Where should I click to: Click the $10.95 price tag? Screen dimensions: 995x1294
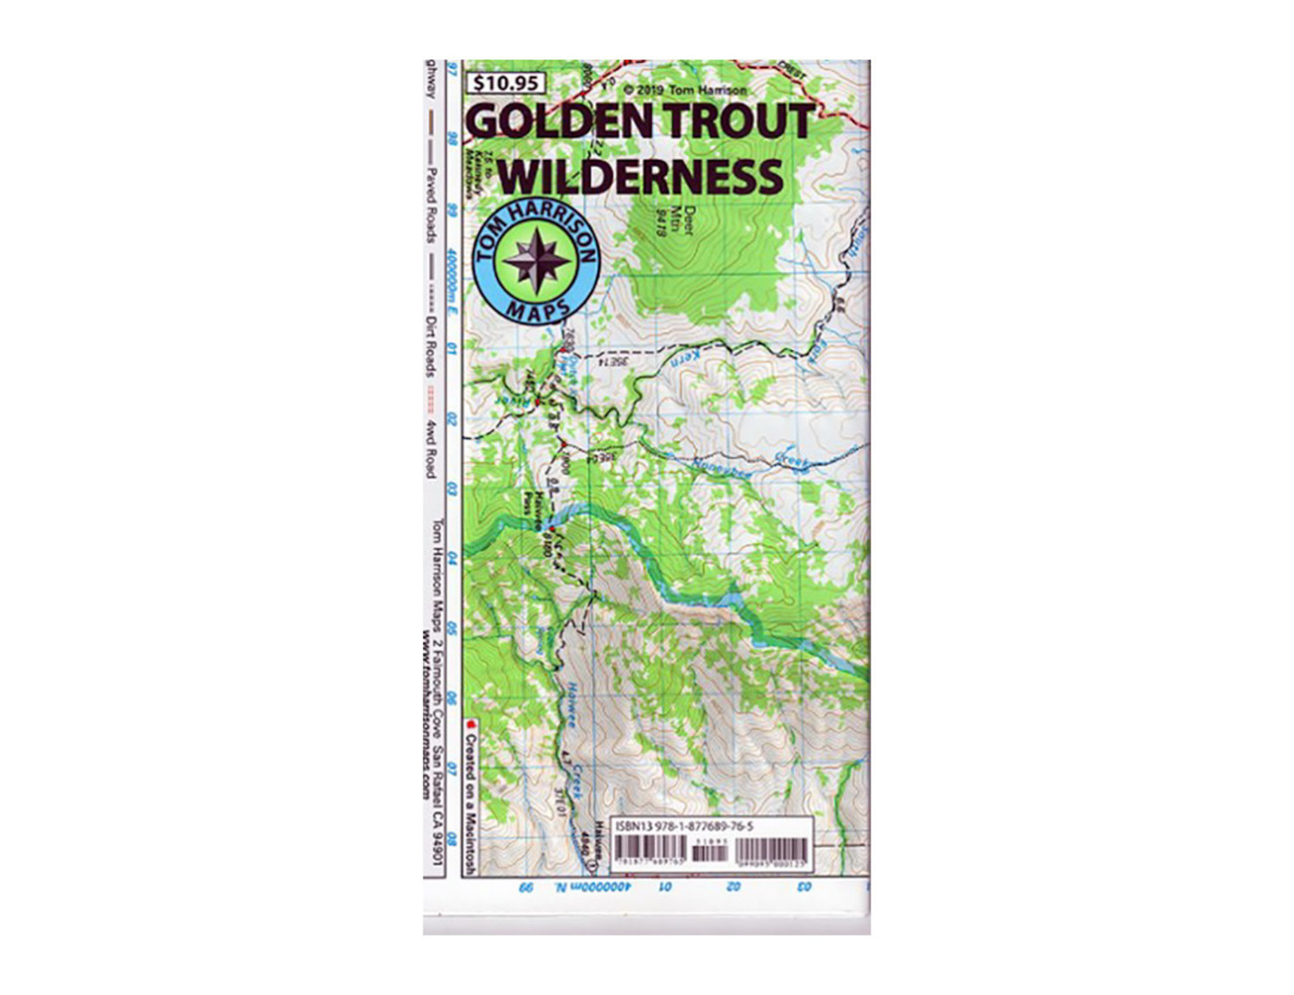click(506, 84)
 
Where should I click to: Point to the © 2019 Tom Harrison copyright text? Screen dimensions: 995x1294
click(685, 90)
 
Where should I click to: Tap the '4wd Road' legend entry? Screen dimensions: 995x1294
click(430, 448)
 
